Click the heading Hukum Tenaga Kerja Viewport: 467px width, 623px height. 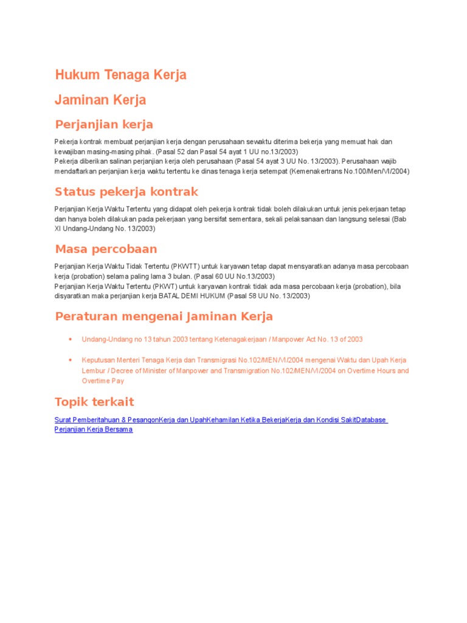[120, 75]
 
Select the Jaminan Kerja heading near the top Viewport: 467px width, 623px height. [100, 100]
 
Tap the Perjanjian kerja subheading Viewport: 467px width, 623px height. [104, 125]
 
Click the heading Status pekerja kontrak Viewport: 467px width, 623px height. [126, 192]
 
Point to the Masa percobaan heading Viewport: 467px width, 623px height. [106, 249]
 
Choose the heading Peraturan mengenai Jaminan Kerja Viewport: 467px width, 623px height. [164, 316]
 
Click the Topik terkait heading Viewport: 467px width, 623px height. [94, 402]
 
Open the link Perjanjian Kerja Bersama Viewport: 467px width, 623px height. [94, 429]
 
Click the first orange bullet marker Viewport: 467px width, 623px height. [71, 339]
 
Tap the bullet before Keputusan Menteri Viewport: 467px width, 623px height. [71, 360]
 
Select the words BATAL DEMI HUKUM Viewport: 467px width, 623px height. [192, 296]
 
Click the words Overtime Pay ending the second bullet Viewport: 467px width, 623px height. [103, 381]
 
